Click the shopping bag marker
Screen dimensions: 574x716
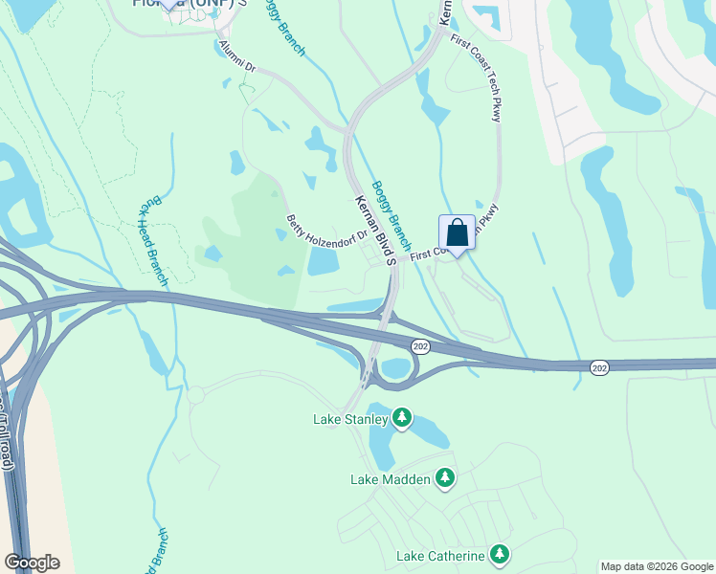457,232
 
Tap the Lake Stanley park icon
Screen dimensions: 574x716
403,418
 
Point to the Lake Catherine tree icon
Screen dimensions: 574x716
499,554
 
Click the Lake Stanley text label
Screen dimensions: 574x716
351,419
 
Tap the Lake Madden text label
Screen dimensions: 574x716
392,479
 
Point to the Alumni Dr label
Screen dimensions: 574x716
237,55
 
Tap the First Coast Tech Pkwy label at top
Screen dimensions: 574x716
484,80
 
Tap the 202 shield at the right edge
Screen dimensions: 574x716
599,368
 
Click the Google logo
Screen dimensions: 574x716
32,563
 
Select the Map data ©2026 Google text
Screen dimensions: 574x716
658,566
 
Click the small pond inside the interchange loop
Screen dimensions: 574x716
396,368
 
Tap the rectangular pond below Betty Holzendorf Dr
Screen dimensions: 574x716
323,261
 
